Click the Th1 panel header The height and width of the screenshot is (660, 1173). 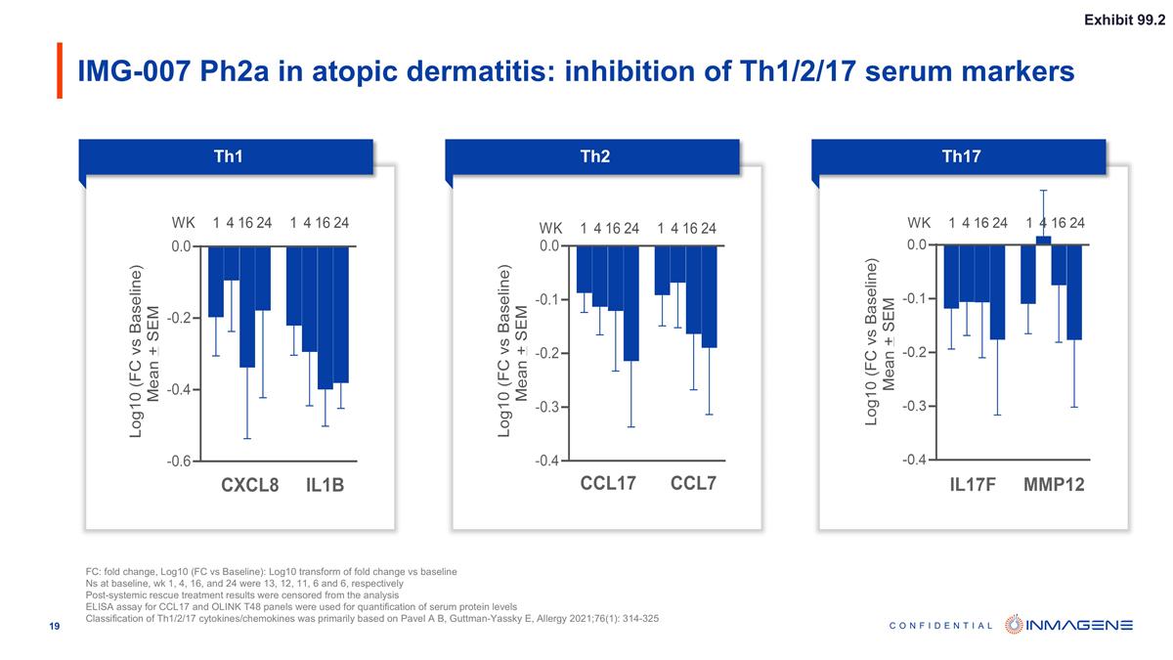pyautogui.click(x=228, y=156)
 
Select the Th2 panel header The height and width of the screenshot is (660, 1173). pyautogui.click(x=594, y=156)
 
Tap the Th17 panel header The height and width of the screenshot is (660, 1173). pyautogui.click(x=961, y=156)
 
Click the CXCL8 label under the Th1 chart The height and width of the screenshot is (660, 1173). pyautogui.click(x=250, y=485)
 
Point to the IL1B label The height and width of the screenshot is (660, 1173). pyautogui.click(x=325, y=485)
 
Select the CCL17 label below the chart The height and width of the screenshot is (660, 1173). pyautogui.click(x=608, y=483)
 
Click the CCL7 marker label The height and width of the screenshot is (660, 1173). pyautogui.click(x=693, y=483)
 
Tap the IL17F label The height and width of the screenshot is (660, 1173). pyautogui.click(x=973, y=484)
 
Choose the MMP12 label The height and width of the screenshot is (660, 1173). pyautogui.click(x=1054, y=484)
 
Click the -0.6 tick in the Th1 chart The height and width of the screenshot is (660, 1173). pyautogui.click(x=180, y=461)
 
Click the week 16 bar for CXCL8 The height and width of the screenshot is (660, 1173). pyautogui.click(x=247, y=306)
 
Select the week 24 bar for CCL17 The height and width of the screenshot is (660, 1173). pyautogui.click(x=630, y=303)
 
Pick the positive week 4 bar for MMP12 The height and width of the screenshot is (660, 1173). pyautogui.click(x=1043, y=240)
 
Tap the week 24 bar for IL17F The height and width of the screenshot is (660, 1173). pyautogui.click(x=997, y=291)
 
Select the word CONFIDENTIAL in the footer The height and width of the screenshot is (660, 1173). pyautogui.click(x=942, y=626)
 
